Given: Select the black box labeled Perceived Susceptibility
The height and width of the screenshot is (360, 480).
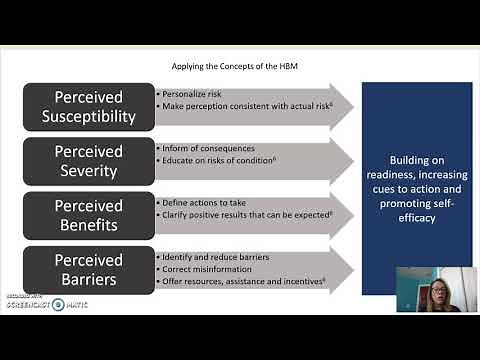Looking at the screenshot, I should [x=88, y=105].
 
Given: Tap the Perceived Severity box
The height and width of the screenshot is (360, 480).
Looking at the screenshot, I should [x=88, y=160].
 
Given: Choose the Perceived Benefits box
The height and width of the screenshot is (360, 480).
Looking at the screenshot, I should [x=88, y=214].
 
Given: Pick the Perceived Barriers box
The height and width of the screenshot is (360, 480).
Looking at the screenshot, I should [x=88, y=269].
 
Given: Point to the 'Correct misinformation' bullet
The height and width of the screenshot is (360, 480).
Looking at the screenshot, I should [x=203, y=269].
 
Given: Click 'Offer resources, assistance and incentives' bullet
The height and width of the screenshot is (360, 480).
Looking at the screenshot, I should [x=240, y=281].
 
